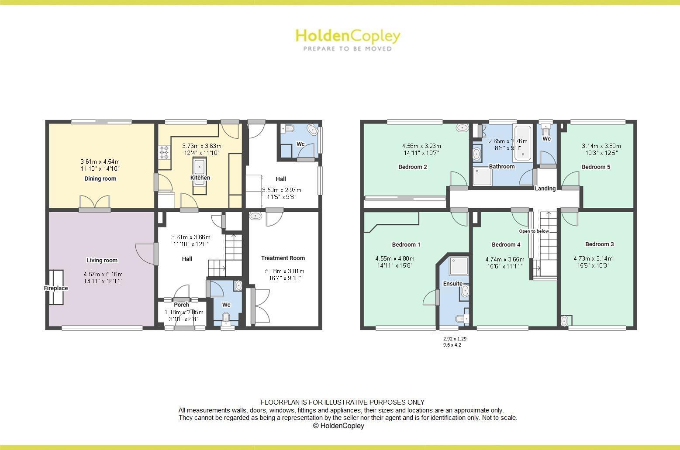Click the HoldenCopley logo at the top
pos(348,39)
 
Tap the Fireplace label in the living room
pos(56,288)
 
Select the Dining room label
pos(100,179)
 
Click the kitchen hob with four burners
pos(165,153)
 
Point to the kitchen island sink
pos(200,167)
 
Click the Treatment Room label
pos(283,258)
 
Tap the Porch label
pos(181,305)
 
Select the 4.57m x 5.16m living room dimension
pos(103,274)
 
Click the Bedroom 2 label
pos(413,167)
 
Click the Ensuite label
pos(452,284)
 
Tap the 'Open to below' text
pos(534,231)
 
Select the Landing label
pos(545,189)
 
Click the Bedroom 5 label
pos(596,167)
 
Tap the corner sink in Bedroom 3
pos(564,321)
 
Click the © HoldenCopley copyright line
pos(338,426)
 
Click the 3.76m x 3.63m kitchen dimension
pos(201,146)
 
